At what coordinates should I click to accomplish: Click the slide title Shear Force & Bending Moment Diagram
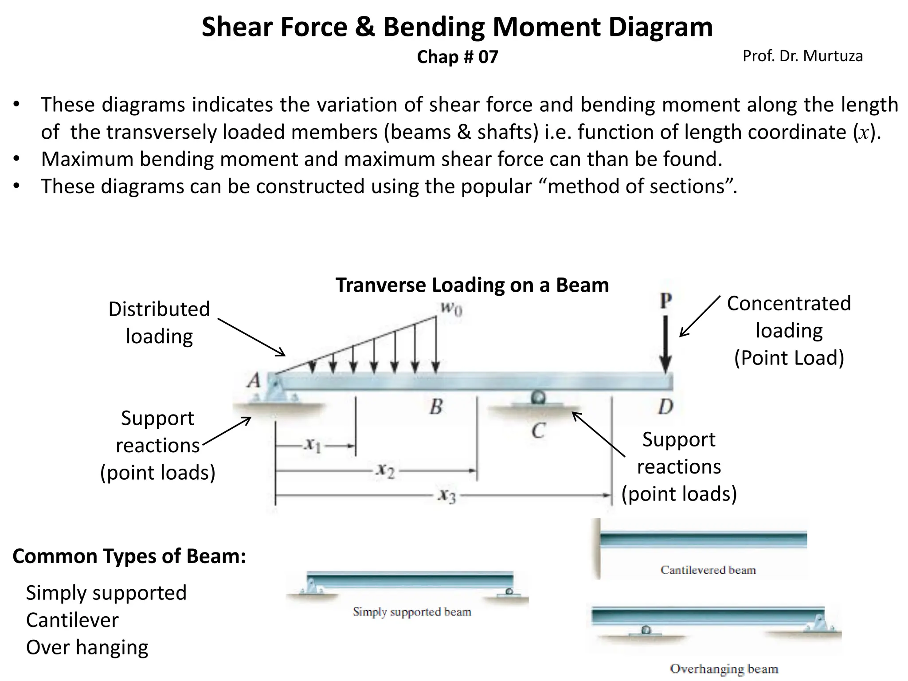(x=457, y=27)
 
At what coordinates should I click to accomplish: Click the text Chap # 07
(x=457, y=57)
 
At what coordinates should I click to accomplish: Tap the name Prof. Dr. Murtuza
(x=802, y=56)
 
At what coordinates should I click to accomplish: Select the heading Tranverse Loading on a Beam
(x=472, y=285)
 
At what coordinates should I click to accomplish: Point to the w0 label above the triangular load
(x=451, y=308)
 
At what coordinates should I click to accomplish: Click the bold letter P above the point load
(x=665, y=301)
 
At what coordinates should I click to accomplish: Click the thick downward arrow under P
(x=665, y=344)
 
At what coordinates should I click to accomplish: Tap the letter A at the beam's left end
(x=254, y=380)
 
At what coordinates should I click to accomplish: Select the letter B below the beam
(x=436, y=406)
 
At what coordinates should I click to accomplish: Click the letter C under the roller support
(x=538, y=430)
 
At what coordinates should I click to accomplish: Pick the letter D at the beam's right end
(x=665, y=406)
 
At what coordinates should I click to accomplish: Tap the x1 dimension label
(x=313, y=444)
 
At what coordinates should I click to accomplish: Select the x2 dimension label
(x=385, y=470)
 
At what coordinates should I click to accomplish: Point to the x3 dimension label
(x=446, y=496)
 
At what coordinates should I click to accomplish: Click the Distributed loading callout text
(x=159, y=322)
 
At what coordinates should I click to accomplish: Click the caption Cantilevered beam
(x=708, y=570)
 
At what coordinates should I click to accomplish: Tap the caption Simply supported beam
(x=412, y=612)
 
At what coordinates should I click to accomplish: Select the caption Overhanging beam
(x=724, y=669)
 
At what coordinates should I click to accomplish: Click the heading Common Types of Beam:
(x=129, y=556)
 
